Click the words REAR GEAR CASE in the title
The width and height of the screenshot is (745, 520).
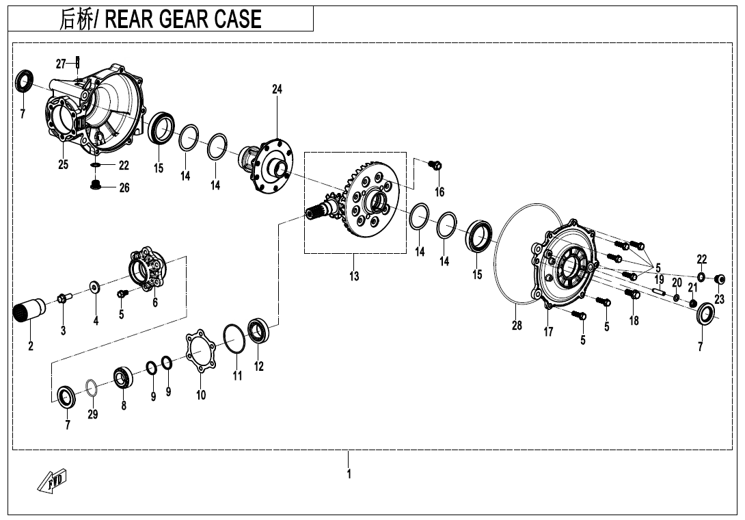(x=183, y=19)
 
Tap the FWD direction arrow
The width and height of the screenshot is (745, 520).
(x=52, y=480)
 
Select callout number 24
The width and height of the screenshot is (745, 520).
(x=277, y=89)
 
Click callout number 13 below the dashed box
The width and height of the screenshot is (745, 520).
(x=354, y=276)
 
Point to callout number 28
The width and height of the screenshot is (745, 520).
(x=517, y=326)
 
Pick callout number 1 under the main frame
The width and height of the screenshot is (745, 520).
(x=349, y=474)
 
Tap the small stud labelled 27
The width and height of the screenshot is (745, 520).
(x=78, y=62)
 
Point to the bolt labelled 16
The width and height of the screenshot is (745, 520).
(x=435, y=165)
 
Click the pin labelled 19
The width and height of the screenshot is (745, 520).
(x=658, y=291)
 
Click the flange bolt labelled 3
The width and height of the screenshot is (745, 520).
(x=64, y=298)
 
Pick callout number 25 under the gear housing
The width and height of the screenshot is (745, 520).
(x=63, y=165)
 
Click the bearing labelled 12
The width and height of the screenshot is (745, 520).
(x=259, y=329)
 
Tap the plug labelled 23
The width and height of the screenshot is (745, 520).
(x=720, y=278)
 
